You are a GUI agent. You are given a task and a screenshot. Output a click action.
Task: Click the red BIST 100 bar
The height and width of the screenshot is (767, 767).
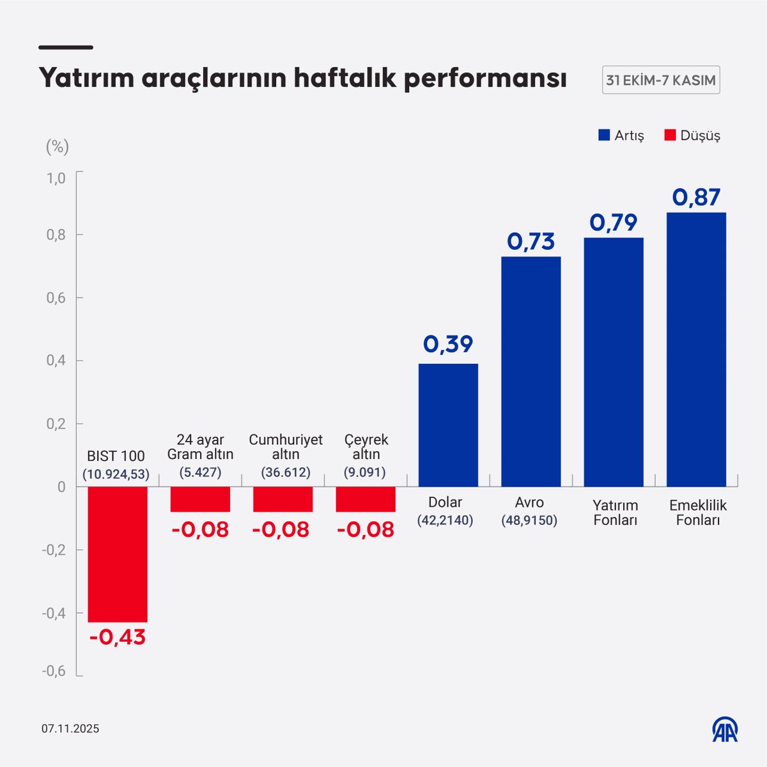118,554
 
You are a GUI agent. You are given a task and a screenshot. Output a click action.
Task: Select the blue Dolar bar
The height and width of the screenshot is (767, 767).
448,425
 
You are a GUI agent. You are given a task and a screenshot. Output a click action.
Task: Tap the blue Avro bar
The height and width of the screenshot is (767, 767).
531,371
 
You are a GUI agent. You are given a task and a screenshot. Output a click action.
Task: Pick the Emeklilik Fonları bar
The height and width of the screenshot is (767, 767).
696,349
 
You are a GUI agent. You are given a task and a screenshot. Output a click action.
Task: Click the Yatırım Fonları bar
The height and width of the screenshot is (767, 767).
614,362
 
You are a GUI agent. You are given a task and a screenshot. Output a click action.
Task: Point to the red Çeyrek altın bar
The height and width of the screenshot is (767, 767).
366,499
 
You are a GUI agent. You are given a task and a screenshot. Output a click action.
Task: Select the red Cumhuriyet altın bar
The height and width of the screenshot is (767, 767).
283,499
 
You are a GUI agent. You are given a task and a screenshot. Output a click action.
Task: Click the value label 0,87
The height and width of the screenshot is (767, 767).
696,198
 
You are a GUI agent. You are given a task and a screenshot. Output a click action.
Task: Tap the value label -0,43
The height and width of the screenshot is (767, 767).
118,637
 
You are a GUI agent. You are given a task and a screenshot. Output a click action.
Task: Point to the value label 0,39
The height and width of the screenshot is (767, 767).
448,345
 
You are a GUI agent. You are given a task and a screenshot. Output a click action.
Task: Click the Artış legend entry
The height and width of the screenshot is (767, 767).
621,136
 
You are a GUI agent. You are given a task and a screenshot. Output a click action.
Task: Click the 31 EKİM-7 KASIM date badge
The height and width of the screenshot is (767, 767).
661,81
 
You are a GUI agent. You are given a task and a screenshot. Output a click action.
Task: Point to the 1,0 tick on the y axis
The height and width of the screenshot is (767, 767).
56,178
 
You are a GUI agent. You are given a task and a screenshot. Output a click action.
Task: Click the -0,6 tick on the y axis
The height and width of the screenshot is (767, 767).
54,671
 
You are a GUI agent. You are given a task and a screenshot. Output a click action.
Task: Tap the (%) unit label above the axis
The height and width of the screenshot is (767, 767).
57,147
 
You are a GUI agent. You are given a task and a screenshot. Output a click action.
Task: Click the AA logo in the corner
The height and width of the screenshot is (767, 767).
725,729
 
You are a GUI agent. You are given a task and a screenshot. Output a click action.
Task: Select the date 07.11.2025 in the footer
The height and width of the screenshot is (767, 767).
71,729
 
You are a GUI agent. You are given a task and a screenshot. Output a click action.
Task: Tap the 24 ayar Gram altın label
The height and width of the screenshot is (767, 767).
200,447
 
